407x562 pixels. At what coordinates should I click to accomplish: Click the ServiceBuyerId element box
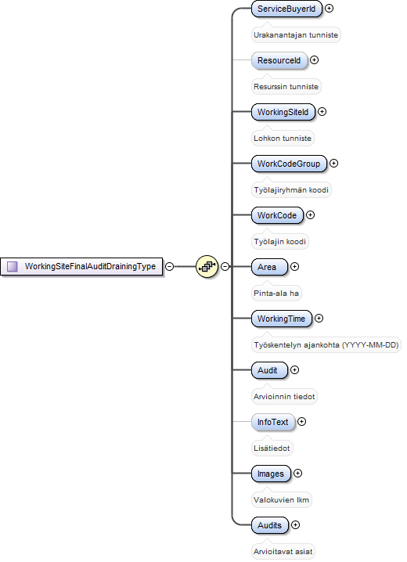click(x=286, y=9)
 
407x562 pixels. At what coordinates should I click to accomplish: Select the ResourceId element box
click(x=279, y=60)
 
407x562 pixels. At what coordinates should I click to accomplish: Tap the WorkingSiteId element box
click(x=283, y=112)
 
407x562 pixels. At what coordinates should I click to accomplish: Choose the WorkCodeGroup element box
click(x=289, y=164)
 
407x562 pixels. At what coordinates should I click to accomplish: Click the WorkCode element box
click(x=277, y=215)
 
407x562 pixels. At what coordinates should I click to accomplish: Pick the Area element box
click(x=269, y=267)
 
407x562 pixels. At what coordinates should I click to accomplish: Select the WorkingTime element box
click(x=282, y=319)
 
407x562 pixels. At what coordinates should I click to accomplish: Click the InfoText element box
click(x=273, y=421)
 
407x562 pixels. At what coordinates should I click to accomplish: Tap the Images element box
click(x=271, y=473)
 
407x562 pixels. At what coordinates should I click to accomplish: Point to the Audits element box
click(x=270, y=524)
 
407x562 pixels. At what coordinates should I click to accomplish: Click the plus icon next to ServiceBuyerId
click(x=329, y=9)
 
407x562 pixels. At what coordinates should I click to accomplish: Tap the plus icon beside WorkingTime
click(x=319, y=318)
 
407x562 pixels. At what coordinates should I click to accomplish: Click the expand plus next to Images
click(x=297, y=473)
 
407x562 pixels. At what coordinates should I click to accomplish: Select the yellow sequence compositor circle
click(x=207, y=266)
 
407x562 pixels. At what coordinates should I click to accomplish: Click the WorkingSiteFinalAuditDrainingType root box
click(x=81, y=267)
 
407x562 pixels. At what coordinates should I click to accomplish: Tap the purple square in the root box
click(x=13, y=266)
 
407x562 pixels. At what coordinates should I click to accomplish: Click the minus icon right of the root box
click(x=170, y=266)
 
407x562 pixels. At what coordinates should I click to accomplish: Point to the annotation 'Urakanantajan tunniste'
click(x=296, y=34)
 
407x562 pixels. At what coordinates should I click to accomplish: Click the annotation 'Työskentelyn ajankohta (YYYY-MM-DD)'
click(x=326, y=345)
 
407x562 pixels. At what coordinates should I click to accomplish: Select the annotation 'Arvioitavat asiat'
click(x=283, y=551)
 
